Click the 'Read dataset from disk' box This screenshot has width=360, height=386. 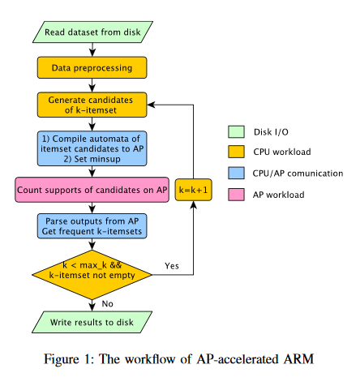pyautogui.click(x=92, y=32)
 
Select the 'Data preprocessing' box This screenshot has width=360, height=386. pyautogui.click(x=92, y=67)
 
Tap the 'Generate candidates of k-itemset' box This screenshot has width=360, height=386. pyautogui.click(x=92, y=105)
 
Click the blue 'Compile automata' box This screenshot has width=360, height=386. pyautogui.click(x=92, y=148)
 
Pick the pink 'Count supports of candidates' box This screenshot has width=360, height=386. pyautogui.click(x=92, y=190)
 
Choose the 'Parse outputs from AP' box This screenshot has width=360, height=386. pyautogui.click(x=92, y=226)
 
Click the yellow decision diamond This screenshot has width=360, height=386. pyautogui.click(x=92, y=275)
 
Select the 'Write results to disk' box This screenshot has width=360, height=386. pyautogui.click(x=92, y=322)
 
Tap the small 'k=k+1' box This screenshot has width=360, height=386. pyautogui.click(x=193, y=190)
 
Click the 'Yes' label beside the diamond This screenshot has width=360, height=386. pyautogui.click(x=172, y=266)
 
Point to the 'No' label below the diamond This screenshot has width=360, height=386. pyautogui.click(x=107, y=304)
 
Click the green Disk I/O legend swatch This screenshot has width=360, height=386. pyautogui.click(x=236, y=132)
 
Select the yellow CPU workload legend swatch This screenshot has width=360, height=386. pyautogui.click(x=236, y=152)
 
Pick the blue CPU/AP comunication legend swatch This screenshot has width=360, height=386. pyautogui.click(x=236, y=173)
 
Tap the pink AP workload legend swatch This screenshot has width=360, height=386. pyautogui.click(x=236, y=195)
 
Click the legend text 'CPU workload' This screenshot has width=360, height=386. pyautogui.click(x=282, y=152)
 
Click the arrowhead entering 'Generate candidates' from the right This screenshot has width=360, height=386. pyautogui.click(x=151, y=105)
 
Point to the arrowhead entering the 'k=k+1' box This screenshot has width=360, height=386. pyautogui.click(x=193, y=205)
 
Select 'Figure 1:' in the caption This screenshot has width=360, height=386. pyautogui.click(x=69, y=360)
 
